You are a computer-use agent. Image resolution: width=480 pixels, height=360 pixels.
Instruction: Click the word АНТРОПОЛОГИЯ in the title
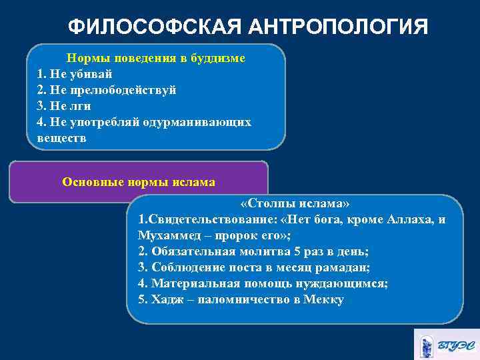339,27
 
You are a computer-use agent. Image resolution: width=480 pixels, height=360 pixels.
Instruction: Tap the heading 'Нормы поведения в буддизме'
155,59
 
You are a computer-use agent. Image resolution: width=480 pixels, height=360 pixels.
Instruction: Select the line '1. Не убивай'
75,74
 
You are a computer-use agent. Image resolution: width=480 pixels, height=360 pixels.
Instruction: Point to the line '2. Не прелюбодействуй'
107,90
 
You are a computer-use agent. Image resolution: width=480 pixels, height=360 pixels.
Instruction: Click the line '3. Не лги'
64,106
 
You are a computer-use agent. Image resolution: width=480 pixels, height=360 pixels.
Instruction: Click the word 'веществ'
62,138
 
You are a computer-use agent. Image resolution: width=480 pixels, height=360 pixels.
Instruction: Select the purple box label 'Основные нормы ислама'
139,181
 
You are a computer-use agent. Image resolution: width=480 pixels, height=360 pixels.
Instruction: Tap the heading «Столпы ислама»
295,204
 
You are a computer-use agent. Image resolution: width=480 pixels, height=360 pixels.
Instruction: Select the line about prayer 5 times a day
253,252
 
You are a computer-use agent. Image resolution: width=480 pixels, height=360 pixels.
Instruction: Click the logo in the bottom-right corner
445,344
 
